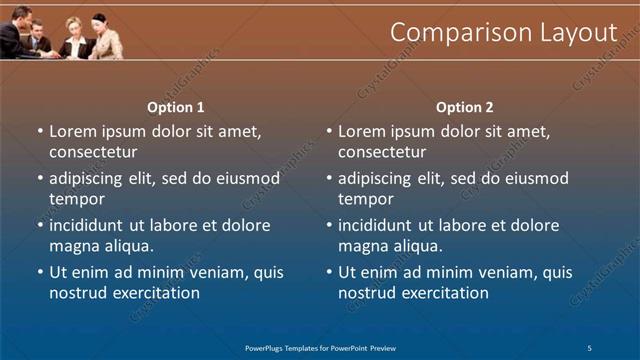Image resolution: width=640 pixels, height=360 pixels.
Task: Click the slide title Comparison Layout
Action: coord(503,32)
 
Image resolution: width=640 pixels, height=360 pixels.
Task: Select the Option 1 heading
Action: coord(176,107)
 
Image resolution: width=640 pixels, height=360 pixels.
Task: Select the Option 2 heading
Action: coord(465,107)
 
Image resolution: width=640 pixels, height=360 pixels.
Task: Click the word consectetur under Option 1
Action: coord(93,152)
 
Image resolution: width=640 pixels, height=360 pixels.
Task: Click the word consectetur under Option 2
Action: coord(382,152)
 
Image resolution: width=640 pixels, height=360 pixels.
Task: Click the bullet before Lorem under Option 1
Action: coord(40,131)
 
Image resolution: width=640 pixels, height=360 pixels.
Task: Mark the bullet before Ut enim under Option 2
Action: coord(329,272)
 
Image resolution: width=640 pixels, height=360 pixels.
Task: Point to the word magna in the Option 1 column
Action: coord(72,246)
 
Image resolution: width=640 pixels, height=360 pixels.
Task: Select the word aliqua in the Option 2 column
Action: coord(420,246)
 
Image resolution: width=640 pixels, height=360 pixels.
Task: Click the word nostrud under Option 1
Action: coord(76,293)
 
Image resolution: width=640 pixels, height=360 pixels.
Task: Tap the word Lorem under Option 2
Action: coord(361,131)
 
